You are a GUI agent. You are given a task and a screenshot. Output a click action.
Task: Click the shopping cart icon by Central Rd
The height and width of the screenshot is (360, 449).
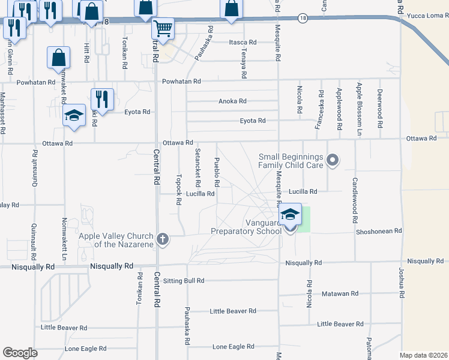pyautogui.click(x=163, y=28)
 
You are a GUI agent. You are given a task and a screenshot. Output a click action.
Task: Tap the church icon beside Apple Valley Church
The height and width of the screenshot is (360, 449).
pyautogui.click(x=162, y=239)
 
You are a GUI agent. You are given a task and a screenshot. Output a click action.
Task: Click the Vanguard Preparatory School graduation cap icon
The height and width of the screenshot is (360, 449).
pyautogui.click(x=290, y=215)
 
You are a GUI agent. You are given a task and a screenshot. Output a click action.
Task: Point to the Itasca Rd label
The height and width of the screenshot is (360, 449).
pyautogui.click(x=243, y=43)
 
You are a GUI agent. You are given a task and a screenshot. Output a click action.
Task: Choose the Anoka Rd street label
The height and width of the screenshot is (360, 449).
pyautogui.click(x=232, y=101)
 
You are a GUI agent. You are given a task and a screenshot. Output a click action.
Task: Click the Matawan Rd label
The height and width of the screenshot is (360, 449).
pyautogui.click(x=340, y=293)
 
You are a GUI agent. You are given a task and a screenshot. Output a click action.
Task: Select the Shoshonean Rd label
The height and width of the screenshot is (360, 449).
pyautogui.click(x=378, y=231)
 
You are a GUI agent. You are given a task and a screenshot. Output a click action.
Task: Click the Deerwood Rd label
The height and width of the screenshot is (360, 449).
pyautogui.click(x=380, y=108)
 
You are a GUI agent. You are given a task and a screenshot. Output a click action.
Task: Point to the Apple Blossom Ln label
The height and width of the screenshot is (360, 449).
pyautogui.click(x=359, y=108)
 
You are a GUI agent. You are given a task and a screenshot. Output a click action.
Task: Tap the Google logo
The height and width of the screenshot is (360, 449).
pyautogui.click(x=20, y=353)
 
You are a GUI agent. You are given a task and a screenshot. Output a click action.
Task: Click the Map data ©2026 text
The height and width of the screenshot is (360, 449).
pyautogui.click(x=423, y=355)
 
